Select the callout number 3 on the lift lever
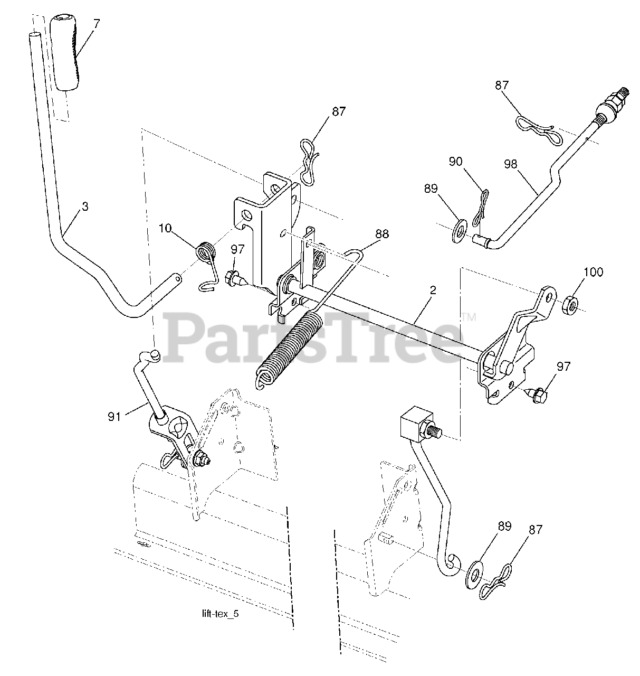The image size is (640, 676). (x=85, y=206)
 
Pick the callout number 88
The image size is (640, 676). (x=382, y=233)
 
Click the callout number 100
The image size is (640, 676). (x=594, y=273)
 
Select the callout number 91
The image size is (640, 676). (x=115, y=417)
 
